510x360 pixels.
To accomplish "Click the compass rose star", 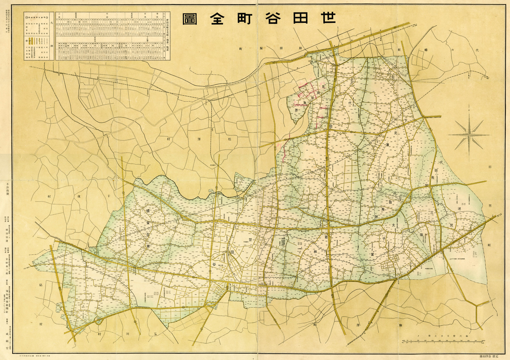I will point(469,135).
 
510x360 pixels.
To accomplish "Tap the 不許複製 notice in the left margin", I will point(7,189).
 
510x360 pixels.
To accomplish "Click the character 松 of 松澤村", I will point(229,139).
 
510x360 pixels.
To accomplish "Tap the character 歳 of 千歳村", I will point(79,197).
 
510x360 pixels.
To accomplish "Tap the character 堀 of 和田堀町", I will point(261,48).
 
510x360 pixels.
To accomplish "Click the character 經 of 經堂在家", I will point(148,211).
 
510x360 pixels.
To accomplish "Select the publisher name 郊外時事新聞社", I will point(7,299).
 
